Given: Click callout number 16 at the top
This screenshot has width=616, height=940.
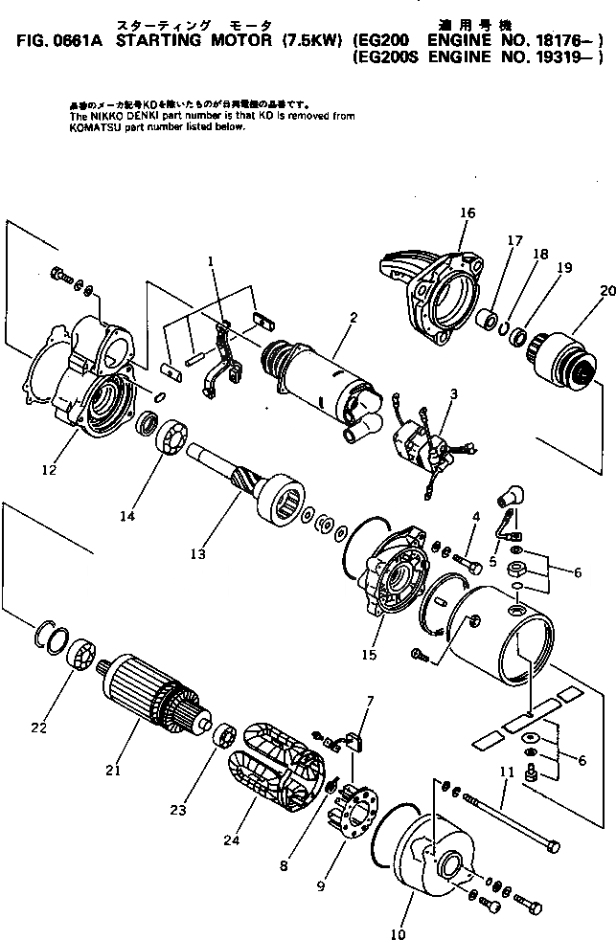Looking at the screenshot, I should (x=467, y=213).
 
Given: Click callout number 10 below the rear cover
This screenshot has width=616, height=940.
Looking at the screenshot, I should (x=399, y=934).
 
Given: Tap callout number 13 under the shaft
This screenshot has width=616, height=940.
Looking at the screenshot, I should (x=197, y=553).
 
